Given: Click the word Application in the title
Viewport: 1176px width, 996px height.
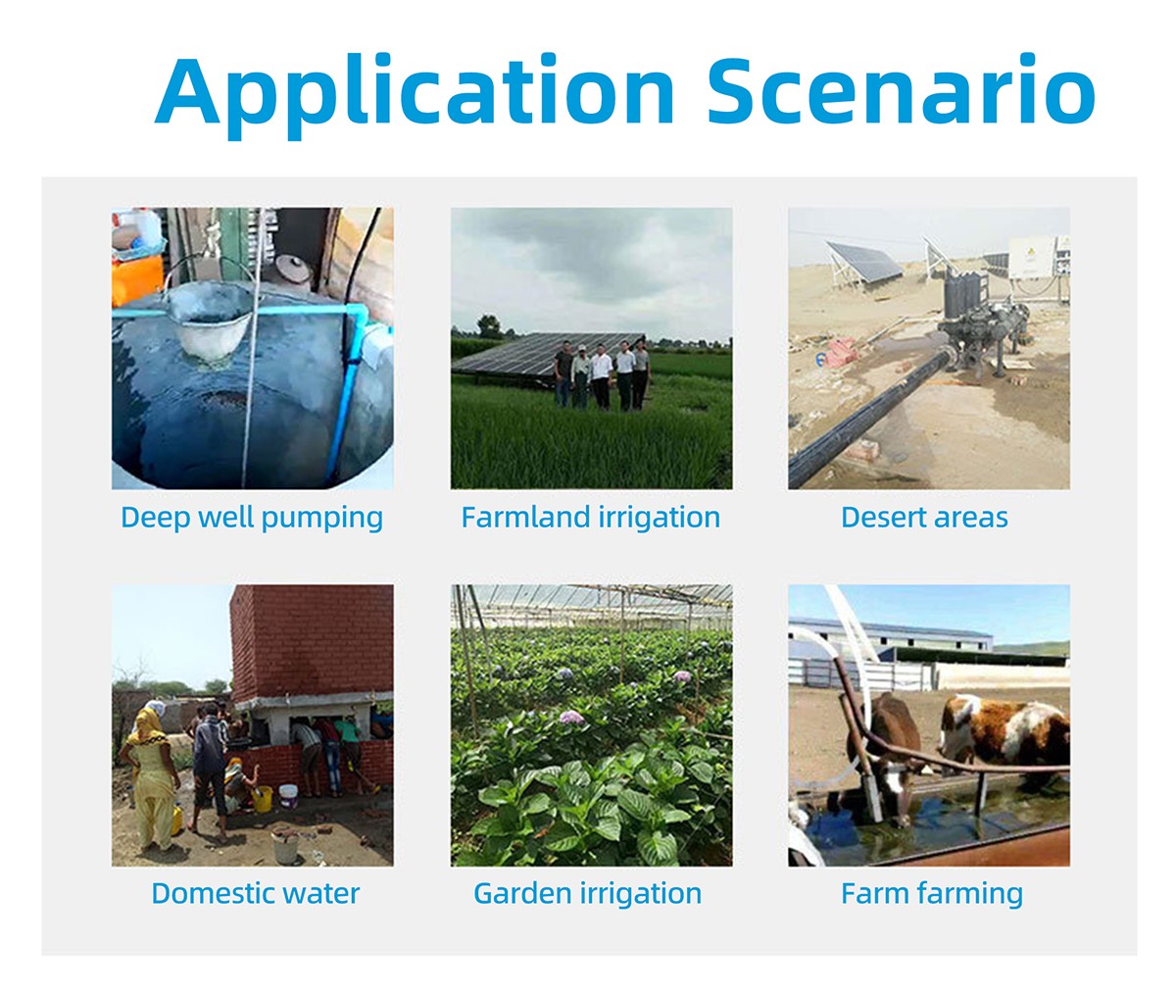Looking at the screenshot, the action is tap(415, 93).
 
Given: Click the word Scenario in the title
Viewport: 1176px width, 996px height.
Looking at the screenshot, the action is tap(902, 89).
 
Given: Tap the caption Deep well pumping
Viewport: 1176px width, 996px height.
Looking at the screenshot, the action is tap(252, 518).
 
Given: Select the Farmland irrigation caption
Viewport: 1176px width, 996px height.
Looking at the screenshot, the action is tap(591, 518).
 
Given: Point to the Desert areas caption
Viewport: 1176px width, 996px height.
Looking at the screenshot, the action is tap(924, 518).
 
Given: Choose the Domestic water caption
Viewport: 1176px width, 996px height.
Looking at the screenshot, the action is tap(256, 893).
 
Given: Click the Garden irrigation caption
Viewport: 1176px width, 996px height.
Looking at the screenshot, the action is tap(588, 893).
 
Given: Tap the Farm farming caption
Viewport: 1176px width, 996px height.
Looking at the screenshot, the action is tap(932, 893).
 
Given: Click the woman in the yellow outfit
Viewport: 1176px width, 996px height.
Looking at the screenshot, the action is tap(150, 778).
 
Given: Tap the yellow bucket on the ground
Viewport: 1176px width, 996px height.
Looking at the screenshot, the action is tap(263, 799).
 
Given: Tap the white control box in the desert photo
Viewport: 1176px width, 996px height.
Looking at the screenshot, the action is tap(1032, 257).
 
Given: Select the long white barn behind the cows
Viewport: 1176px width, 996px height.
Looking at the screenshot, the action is tap(891, 634).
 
